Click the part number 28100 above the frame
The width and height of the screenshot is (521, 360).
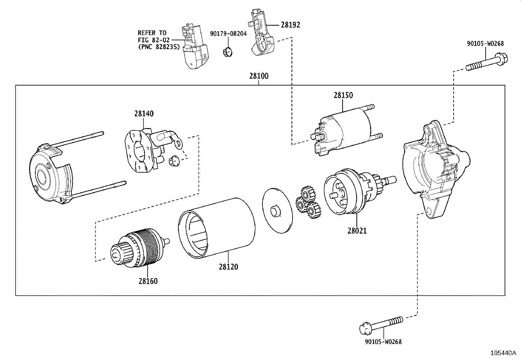pyautogui.click(x=259, y=76)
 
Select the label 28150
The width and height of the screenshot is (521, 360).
pyautogui.click(x=343, y=95)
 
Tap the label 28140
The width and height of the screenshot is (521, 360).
pyautogui.click(x=144, y=114)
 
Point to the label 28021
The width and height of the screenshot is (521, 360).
pyautogui.click(x=357, y=231)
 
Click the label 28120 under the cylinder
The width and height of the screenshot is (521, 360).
pyautogui.click(x=228, y=267)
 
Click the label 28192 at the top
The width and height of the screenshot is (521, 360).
pyautogui.click(x=290, y=25)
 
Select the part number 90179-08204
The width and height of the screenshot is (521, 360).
pyautogui.click(x=228, y=33)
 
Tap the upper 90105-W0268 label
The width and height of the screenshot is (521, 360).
pyautogui.click(x=485, y=43)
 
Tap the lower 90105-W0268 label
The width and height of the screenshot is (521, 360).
pyautogui.click(x=383, y=342)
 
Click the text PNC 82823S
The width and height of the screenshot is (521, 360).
pyautogui.click(x=159, y=47)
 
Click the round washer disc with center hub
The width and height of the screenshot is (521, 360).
pyautogui.click(x=277, y=211)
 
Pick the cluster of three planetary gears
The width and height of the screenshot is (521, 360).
pyautogui.click(x=308, y=203)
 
